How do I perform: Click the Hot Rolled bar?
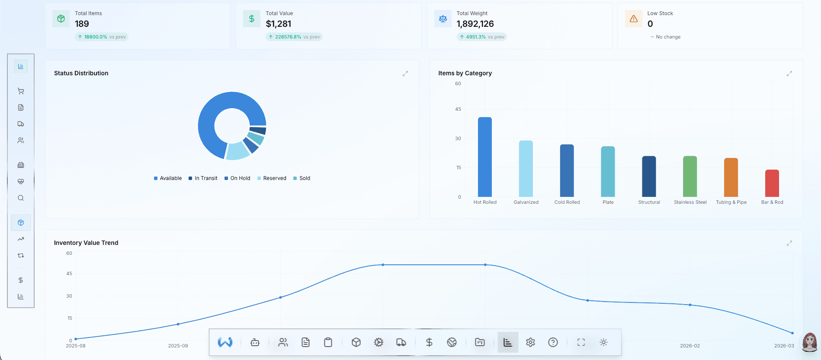click(x=484, y=157)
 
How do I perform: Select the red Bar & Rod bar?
click(x=772, y=183)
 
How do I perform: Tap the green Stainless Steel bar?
click(x=690, y=177)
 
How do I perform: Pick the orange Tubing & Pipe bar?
click(x=731, y=177)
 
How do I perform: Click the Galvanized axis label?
click(x=526, y=202)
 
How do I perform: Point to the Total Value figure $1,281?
click(x=278, y=24)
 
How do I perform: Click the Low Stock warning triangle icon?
click(x=633, y=19)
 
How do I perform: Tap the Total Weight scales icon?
click(x=443, y=19)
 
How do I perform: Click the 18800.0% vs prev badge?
click(x=102, y=37)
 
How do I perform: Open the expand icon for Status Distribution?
click(x=405, y=74)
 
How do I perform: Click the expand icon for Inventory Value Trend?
click(x=789, y=243)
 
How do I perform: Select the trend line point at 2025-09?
click(x=178, y=324)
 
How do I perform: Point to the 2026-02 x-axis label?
click(x=690, y=346)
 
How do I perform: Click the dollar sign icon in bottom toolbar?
click(x=429, y=342)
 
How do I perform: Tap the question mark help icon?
click(x=552, y=342)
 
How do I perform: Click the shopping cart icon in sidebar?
click(x=21, y=91)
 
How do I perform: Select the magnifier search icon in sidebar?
click(x=21, y=198)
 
